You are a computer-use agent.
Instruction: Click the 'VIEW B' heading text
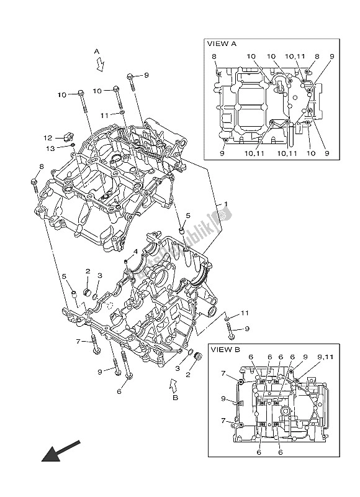click(x=224, y=349)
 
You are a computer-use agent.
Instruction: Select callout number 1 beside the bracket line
click(x=225, y=204)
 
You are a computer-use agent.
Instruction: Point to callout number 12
click(x=47, y=137)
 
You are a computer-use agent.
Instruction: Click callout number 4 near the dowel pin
click(x=134, y=252)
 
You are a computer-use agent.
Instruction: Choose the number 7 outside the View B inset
click(x=78, y=342)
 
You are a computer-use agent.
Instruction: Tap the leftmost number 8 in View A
click(x=214, y=57)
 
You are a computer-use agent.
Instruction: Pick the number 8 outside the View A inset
click(x=41, y=166)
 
